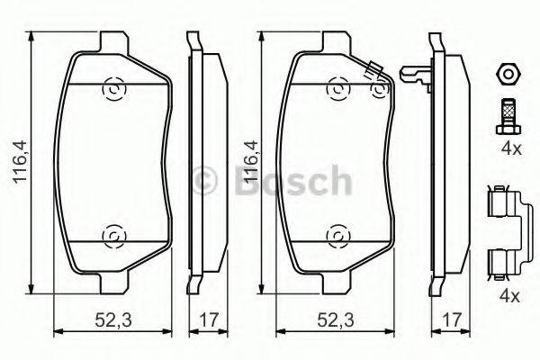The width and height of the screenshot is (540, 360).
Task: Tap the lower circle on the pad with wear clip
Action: pos(337,236)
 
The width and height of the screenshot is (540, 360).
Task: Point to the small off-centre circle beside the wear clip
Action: pos(380,88)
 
